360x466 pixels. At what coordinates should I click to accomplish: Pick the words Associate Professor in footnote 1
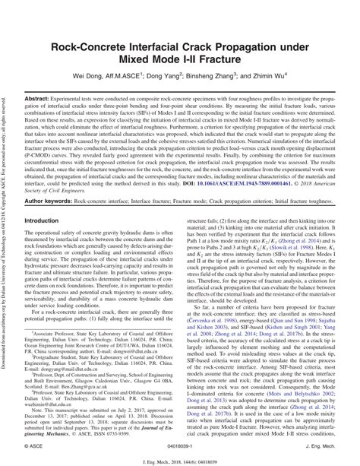tap(52, 332)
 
